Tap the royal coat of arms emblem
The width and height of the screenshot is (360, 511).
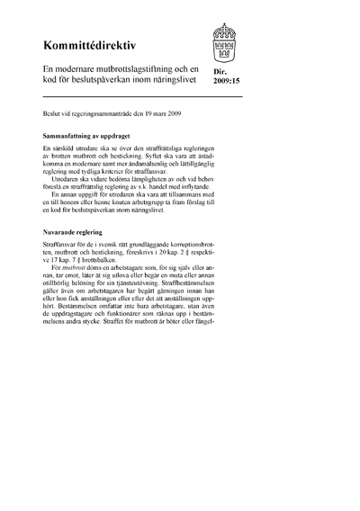[x=227, y=40]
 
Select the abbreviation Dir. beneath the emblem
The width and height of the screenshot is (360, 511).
[x=222, y=80]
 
